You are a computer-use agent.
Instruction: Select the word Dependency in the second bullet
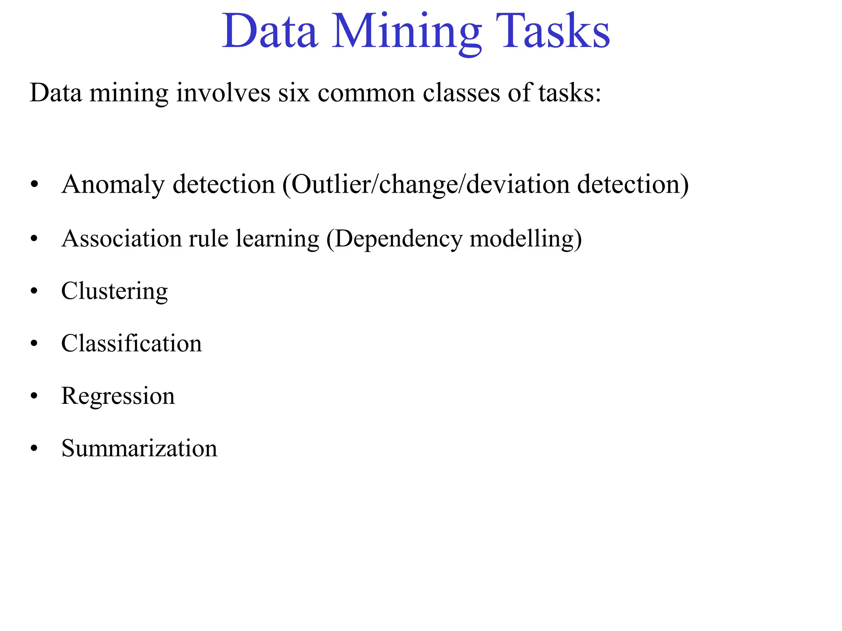[398, 239]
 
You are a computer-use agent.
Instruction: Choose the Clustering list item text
[114, 291]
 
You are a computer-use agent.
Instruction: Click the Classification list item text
[132, 343]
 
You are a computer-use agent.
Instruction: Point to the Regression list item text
[118, 396]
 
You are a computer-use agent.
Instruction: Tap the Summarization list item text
[139, 448]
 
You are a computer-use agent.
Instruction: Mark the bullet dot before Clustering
[34, 291]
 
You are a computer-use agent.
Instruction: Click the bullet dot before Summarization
[34, 448]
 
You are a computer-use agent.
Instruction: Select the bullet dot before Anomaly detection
[34, 184]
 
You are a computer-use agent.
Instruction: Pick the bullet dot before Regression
[34, 396]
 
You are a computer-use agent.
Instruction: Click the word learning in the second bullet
[278, 239]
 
